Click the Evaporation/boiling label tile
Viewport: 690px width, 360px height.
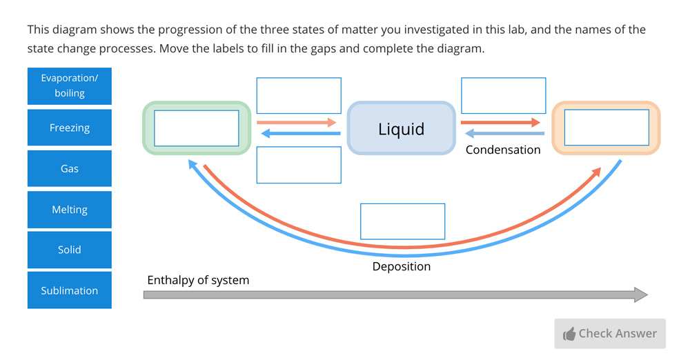69,86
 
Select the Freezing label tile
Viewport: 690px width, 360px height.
69,128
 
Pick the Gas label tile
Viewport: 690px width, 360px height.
69,168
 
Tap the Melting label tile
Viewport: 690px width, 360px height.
69,210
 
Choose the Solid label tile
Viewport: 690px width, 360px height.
69,250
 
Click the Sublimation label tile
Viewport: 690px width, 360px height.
69,290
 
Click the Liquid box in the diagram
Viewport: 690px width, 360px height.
401,128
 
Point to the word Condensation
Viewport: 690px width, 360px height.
503,150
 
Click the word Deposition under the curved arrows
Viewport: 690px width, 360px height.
402,266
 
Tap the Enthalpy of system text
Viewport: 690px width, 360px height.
198,280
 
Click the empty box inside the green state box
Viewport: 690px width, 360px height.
197,128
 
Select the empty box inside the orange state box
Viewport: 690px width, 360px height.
607,128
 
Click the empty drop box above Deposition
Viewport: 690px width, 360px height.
402,221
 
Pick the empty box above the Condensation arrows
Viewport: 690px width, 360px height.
503,96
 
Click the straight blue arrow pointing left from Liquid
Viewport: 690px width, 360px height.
299,134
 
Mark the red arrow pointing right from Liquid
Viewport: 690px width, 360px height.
500,123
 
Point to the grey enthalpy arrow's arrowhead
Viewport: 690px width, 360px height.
641,295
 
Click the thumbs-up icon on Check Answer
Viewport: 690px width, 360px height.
569,334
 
